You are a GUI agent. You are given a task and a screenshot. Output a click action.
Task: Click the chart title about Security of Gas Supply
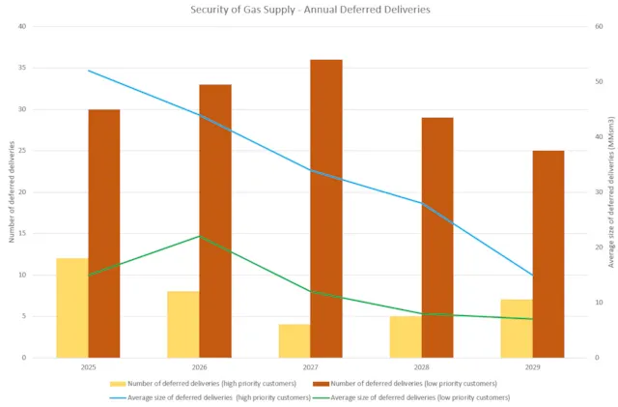point(309,9)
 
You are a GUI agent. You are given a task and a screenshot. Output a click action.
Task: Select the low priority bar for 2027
point(326,209)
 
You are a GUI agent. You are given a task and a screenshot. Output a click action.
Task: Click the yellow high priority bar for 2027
point(295,341)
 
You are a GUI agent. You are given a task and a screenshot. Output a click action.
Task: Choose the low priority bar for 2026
point(215,221)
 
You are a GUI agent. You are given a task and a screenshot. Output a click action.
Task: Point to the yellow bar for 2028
point(406,336)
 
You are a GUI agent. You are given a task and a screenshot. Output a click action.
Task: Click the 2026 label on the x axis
point(199,368)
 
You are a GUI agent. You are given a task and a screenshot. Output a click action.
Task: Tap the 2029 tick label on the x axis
point(532,368)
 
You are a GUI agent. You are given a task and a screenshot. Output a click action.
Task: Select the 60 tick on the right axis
point(599,26)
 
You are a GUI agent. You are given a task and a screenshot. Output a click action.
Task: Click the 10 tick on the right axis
point(599,303)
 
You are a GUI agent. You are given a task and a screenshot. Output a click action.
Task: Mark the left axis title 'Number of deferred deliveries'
point(12,191)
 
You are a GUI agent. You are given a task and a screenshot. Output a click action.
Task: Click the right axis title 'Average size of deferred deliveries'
point(609,191)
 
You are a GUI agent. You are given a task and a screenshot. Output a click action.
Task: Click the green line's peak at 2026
point(199,236)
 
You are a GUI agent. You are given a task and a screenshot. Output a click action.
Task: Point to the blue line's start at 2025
point(88,71)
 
